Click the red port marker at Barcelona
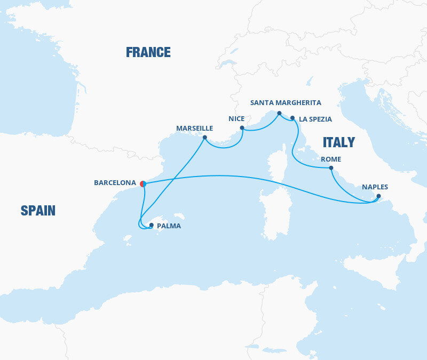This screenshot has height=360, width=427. [143, 183]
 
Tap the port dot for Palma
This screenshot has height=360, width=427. [152, 225]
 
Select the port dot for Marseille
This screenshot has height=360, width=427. [204, 137]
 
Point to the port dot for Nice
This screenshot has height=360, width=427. [242, 128]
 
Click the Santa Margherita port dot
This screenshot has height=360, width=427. [279, 113]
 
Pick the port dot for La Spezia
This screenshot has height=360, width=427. [292, 118]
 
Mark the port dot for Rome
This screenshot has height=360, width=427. [331, 169]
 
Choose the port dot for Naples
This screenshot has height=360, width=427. [378, 196]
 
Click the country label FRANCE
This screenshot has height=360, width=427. [148, 52]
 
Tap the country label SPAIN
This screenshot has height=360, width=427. [38, 211]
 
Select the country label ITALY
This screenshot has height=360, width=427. [338, 142]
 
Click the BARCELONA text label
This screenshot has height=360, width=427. [115, 183]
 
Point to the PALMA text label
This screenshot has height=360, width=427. [169, 226]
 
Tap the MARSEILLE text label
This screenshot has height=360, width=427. [194, 129]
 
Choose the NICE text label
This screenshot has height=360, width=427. [236, 119]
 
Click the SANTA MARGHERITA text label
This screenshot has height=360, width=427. [286, 103]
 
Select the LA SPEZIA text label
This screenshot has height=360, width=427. [315, 119]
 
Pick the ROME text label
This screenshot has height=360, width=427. [330, 159]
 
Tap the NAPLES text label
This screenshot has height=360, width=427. [375, 187]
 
